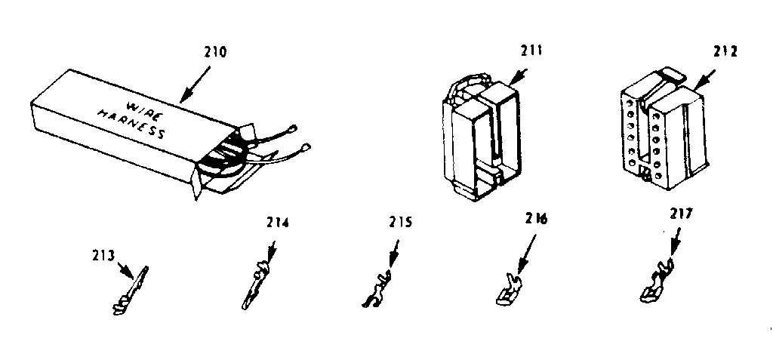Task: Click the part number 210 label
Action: pyautogui.click(x=215, y=53)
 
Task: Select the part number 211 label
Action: pyautogui.click(x=531, y=51)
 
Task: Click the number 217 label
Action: pyautogui.click(x=682, y=214)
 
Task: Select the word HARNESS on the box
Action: pyautogui.click(x=131, y=125)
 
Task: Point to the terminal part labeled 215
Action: pyautogui.click(x=377, y=290)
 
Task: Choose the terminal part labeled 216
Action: pyautogui.click(x=510, y=290)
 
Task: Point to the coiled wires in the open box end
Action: pyautogui.click(x=226, y=155)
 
